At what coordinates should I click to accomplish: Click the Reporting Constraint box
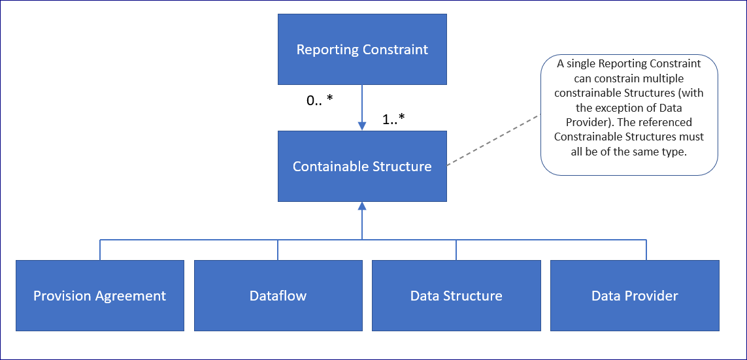coord(362,50)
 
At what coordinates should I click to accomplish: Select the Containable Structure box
coord(362,166)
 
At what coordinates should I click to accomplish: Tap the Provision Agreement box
coord(100,295)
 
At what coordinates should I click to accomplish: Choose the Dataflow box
coord(278,295)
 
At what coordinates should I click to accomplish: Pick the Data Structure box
coord(456,295)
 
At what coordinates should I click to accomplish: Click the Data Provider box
coord(635,295)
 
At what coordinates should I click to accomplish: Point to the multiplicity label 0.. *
coord(320,100)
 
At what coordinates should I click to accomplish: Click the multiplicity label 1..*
coord(393,118)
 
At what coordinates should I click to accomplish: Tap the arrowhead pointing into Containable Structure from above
coord(362,126)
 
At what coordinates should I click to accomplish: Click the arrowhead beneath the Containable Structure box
coord(362,206)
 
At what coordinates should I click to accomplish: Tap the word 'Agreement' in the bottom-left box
coord(128,296)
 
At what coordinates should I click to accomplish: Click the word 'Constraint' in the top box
coord(395,50)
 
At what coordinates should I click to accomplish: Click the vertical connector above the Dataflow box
coord(278,250)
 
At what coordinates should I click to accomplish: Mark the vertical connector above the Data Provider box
coord(646,250)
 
